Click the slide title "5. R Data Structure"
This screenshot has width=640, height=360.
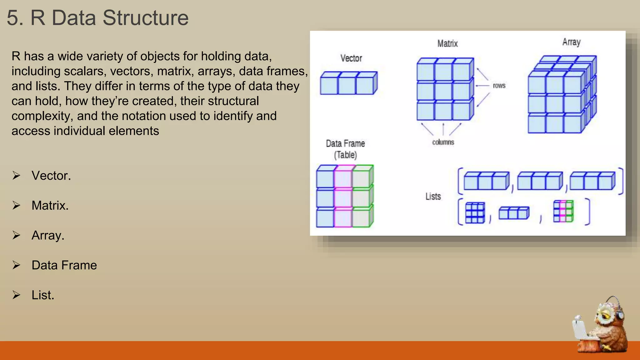[x=97, y=18]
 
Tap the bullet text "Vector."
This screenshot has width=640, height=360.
[x=51, y=176]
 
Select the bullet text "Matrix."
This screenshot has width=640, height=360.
[x=50, y=206]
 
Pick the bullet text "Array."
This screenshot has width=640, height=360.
[x=48, y=235]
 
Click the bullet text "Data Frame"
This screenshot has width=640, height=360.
[x=64, y=265]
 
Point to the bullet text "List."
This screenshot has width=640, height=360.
[x=43, y=295]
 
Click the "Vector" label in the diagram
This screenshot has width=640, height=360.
[x=351, y=58]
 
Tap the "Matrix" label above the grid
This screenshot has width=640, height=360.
[x=447, y=43]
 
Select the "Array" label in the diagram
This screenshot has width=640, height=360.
[x=571, y=42]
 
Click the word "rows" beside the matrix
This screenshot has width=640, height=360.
[x=499, y=86]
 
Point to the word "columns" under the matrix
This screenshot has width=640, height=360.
[x=443, y=142]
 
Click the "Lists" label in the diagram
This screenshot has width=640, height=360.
[x=433, y=197]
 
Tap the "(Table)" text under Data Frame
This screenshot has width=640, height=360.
[x=345, y=155]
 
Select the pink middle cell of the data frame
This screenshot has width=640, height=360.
[x=343, y=198]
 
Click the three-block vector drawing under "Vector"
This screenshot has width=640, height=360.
[x=348, y=83]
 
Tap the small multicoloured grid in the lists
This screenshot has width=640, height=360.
[x=563, y=212]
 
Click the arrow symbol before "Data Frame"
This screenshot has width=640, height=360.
[x=16, y=265]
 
